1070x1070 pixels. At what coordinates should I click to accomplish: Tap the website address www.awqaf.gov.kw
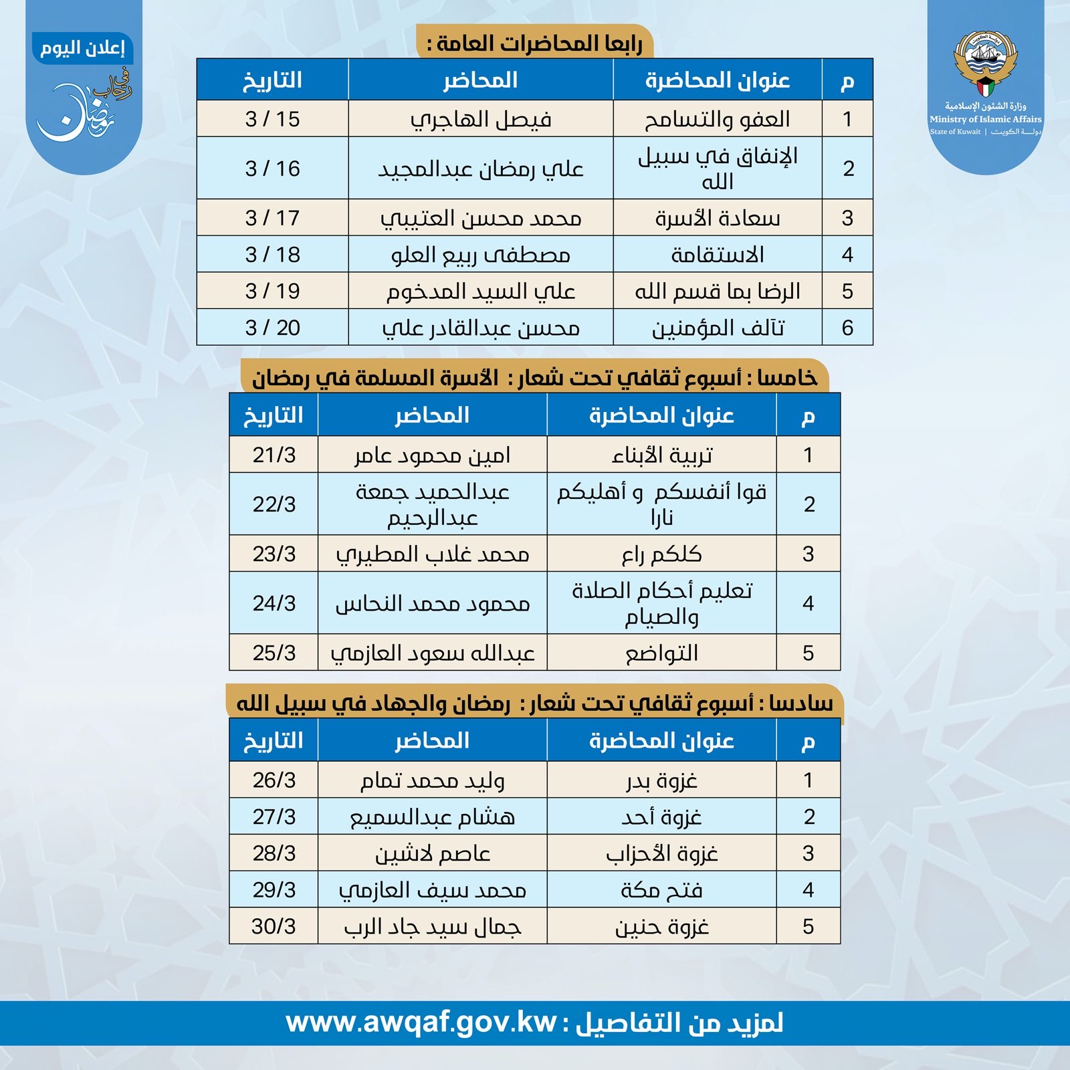click(x=421, y=1023)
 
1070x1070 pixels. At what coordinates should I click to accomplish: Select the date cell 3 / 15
click(x=272, y=119)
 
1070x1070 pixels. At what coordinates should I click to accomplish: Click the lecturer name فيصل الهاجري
click(x=481, y=120)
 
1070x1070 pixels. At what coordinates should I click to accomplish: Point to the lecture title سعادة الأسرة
click(x=717, y=218)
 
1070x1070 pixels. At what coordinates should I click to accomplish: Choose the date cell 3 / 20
click(x=272, y=328)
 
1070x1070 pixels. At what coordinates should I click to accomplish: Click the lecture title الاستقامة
click(x=717, y=255)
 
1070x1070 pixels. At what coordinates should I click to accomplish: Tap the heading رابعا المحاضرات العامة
click(x=535, y=44)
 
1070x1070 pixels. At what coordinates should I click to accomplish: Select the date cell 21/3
click(x=274, y=455)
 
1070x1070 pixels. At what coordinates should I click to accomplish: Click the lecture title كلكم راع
click(x=661, y=554)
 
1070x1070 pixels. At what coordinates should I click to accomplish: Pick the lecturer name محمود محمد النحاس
click(x=432, y=603)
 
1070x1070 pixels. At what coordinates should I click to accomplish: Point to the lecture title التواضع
click(x=661, y=653)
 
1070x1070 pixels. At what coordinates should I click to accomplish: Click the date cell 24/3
click(x=274, y=603)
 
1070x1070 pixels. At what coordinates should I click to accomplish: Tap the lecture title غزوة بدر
click(x=661, y=780)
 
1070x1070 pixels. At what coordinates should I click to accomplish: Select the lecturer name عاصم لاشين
click(x=432, y=853)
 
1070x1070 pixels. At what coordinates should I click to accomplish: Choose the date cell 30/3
click(x=274, y=926)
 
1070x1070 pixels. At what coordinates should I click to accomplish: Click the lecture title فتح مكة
click(x=661, y=890)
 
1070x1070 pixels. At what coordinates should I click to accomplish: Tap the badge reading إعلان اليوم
click(x=83, y=49)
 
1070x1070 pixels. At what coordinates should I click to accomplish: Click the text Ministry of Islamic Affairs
click(x=985, y=119)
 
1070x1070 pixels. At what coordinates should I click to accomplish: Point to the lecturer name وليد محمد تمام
click(x=432, y=780)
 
